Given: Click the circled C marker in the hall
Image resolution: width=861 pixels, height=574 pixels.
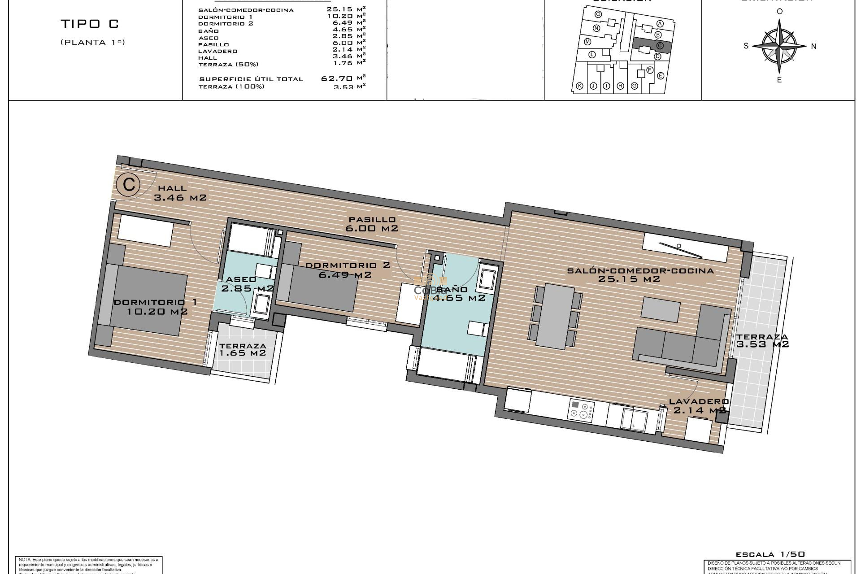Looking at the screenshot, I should point(129,184).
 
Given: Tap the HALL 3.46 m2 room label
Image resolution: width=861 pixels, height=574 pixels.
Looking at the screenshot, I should point(179,193).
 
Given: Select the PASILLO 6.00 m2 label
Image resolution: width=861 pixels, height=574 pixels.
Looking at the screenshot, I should point(372,224).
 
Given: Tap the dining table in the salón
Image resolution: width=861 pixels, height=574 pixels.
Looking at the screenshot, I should point(556,316).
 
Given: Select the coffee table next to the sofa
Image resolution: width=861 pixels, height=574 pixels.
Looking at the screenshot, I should point(660,309).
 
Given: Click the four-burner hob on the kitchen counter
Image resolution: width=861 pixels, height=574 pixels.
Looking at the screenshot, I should point(581,410).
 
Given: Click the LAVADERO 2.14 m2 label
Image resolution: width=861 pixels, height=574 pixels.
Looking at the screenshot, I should point(699,406).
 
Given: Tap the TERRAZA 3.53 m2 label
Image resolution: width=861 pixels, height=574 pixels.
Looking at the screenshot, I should point(762,341).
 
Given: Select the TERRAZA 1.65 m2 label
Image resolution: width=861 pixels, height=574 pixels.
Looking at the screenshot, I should point(243,349).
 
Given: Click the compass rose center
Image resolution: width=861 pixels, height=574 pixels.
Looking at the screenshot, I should point(779,46).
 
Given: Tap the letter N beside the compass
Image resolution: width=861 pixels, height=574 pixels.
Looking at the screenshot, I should point(813,46).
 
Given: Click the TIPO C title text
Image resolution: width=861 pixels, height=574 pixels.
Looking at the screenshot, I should point(90,24).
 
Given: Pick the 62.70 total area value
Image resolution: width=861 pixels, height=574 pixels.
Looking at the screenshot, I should point(336,79).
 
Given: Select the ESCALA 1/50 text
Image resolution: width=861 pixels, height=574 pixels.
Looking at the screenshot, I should point(770,554).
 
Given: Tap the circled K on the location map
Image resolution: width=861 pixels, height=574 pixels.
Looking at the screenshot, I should point(579,86).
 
